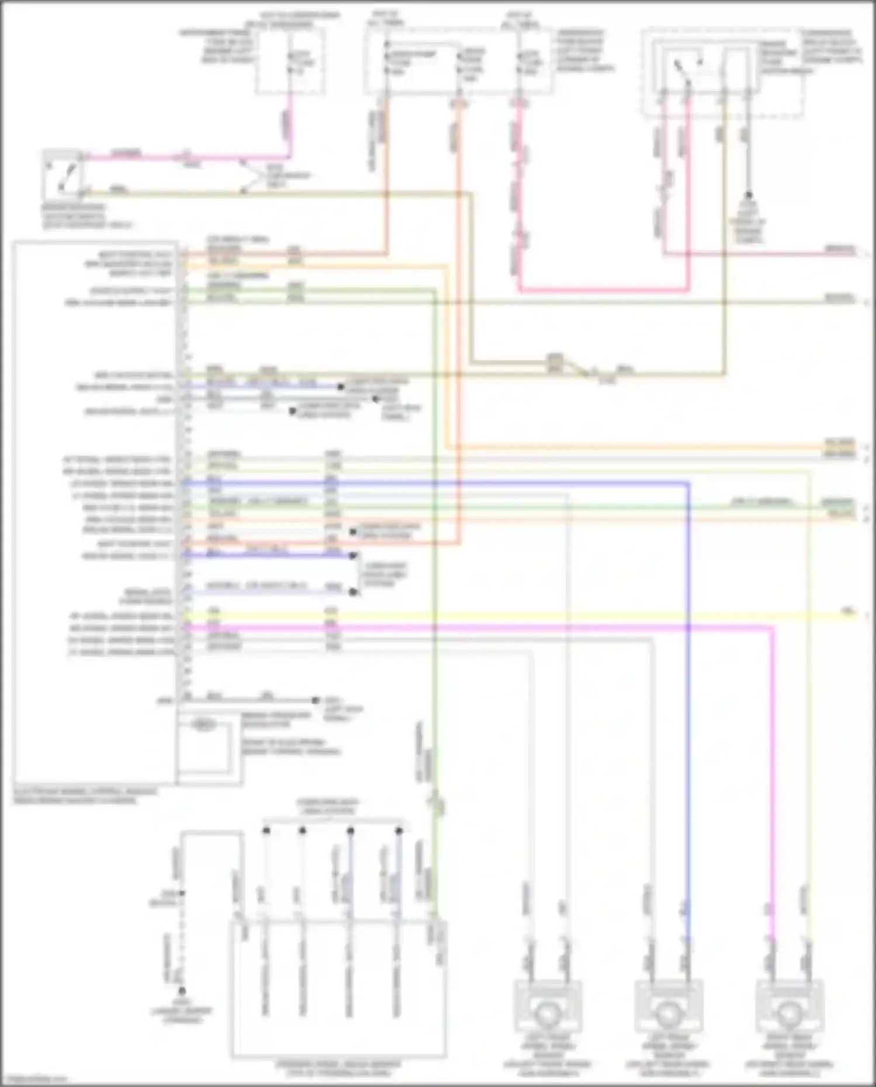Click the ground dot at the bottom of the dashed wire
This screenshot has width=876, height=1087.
point(182,991)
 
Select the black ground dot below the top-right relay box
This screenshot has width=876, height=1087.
point(747,195)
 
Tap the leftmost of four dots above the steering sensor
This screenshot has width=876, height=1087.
point(266,830)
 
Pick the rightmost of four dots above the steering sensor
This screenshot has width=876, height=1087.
point(399,830)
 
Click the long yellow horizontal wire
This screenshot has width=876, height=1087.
point(526,614)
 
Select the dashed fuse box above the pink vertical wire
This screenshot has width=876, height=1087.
point(290,61)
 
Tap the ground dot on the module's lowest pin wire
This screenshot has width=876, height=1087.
point(316,700)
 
